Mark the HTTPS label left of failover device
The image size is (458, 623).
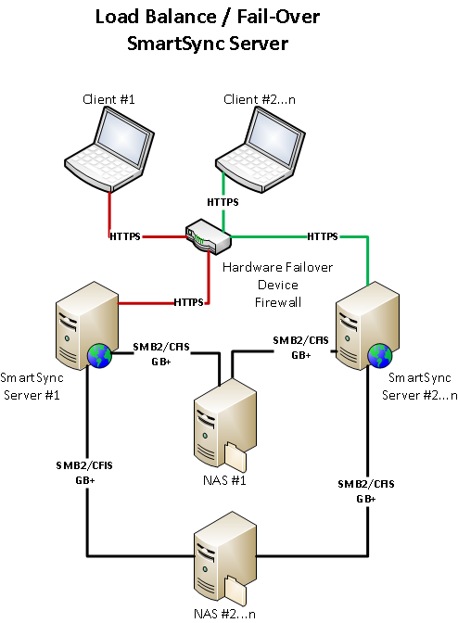pos(125,236)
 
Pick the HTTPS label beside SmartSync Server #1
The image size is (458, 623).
pos(188,302)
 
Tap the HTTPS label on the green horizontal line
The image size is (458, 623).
pos(322,236)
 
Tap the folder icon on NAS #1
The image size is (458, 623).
pos(237,458)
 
